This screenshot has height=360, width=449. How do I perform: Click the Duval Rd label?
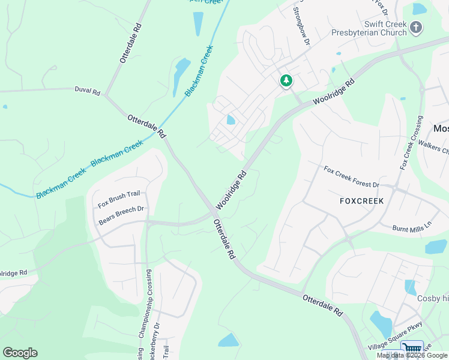pyautogui.click(x=88, y=91)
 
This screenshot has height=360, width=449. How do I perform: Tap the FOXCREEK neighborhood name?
pyautogui.click(x=361, y=200)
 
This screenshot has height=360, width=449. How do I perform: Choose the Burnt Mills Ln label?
pyautogui.click(x=412, y=227)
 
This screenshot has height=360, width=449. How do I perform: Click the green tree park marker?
pyautogui.click(x=286, y=80)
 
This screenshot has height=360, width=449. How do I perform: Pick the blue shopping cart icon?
pyautogui.click(x=412, y=349)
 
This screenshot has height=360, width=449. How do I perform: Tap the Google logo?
pyautogui.click(x=20, y=353)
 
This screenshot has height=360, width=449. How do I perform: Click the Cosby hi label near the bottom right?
pyautogui.click(x=433, y=299)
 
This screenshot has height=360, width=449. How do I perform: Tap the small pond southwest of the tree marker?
pyautogui.click(x=231, y=120)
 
